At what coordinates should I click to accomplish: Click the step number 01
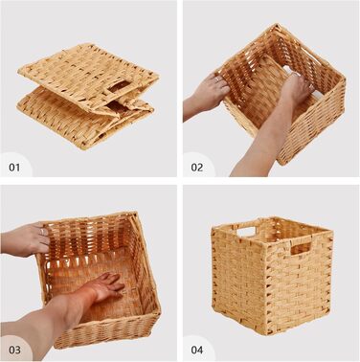tap(14, 168)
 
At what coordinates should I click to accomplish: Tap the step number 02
tap(197, 168)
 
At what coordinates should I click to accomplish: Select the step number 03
tap(14, 350)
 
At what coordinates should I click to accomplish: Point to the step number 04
tap(197, 350)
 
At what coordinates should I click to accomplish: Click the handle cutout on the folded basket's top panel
tap(119, 86)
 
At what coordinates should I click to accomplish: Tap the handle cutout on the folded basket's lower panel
tap(116, 107)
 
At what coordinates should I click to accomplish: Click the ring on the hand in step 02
tap(217, 79)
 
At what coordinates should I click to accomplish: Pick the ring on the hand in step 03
tap(42, 232)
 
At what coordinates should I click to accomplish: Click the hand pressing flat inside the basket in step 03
tap(107, 286)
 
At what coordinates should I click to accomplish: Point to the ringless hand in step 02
tap(295, 87)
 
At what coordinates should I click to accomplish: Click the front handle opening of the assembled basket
tap(301, 248)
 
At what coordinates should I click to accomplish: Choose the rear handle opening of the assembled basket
tap(247, 232)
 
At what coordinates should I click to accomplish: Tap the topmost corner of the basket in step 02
tap(274, 26)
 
